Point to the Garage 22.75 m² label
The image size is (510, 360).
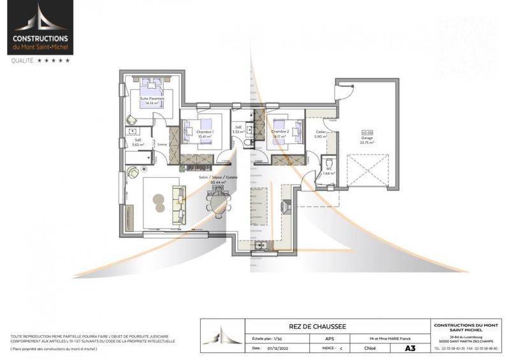click(367, 140)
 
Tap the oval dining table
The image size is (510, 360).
click(217, 205)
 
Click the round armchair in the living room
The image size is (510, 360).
click(134, 172)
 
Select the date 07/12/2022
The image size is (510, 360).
click(275, 349)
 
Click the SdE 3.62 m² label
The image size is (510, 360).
click(137, 142)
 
